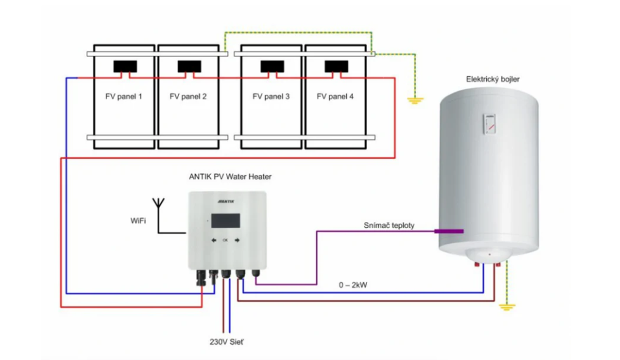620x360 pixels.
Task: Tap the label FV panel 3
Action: pyautogui.click(x=271, y=96)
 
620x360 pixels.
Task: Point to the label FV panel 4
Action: pyautogui.click(x=335, y=96)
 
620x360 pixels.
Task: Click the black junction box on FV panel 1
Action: pyautogui.click(x=123, y=66)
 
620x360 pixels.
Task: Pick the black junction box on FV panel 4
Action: pyautogui.click(x=336, y=66)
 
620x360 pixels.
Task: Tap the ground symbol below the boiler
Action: pyautogui.click(x=505, y=306)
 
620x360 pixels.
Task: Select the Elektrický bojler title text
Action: pyautogui.click(x=493, y=79)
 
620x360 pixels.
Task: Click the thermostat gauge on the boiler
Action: pyautogui.click(x=489, y=124)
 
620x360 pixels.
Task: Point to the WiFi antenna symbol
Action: pyautogui.click(x=159, y=204)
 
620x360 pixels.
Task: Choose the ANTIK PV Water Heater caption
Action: pyautogui.click(x=230, y=177)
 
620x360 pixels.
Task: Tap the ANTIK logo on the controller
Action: pyautogui.click(x=226, y=200)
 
